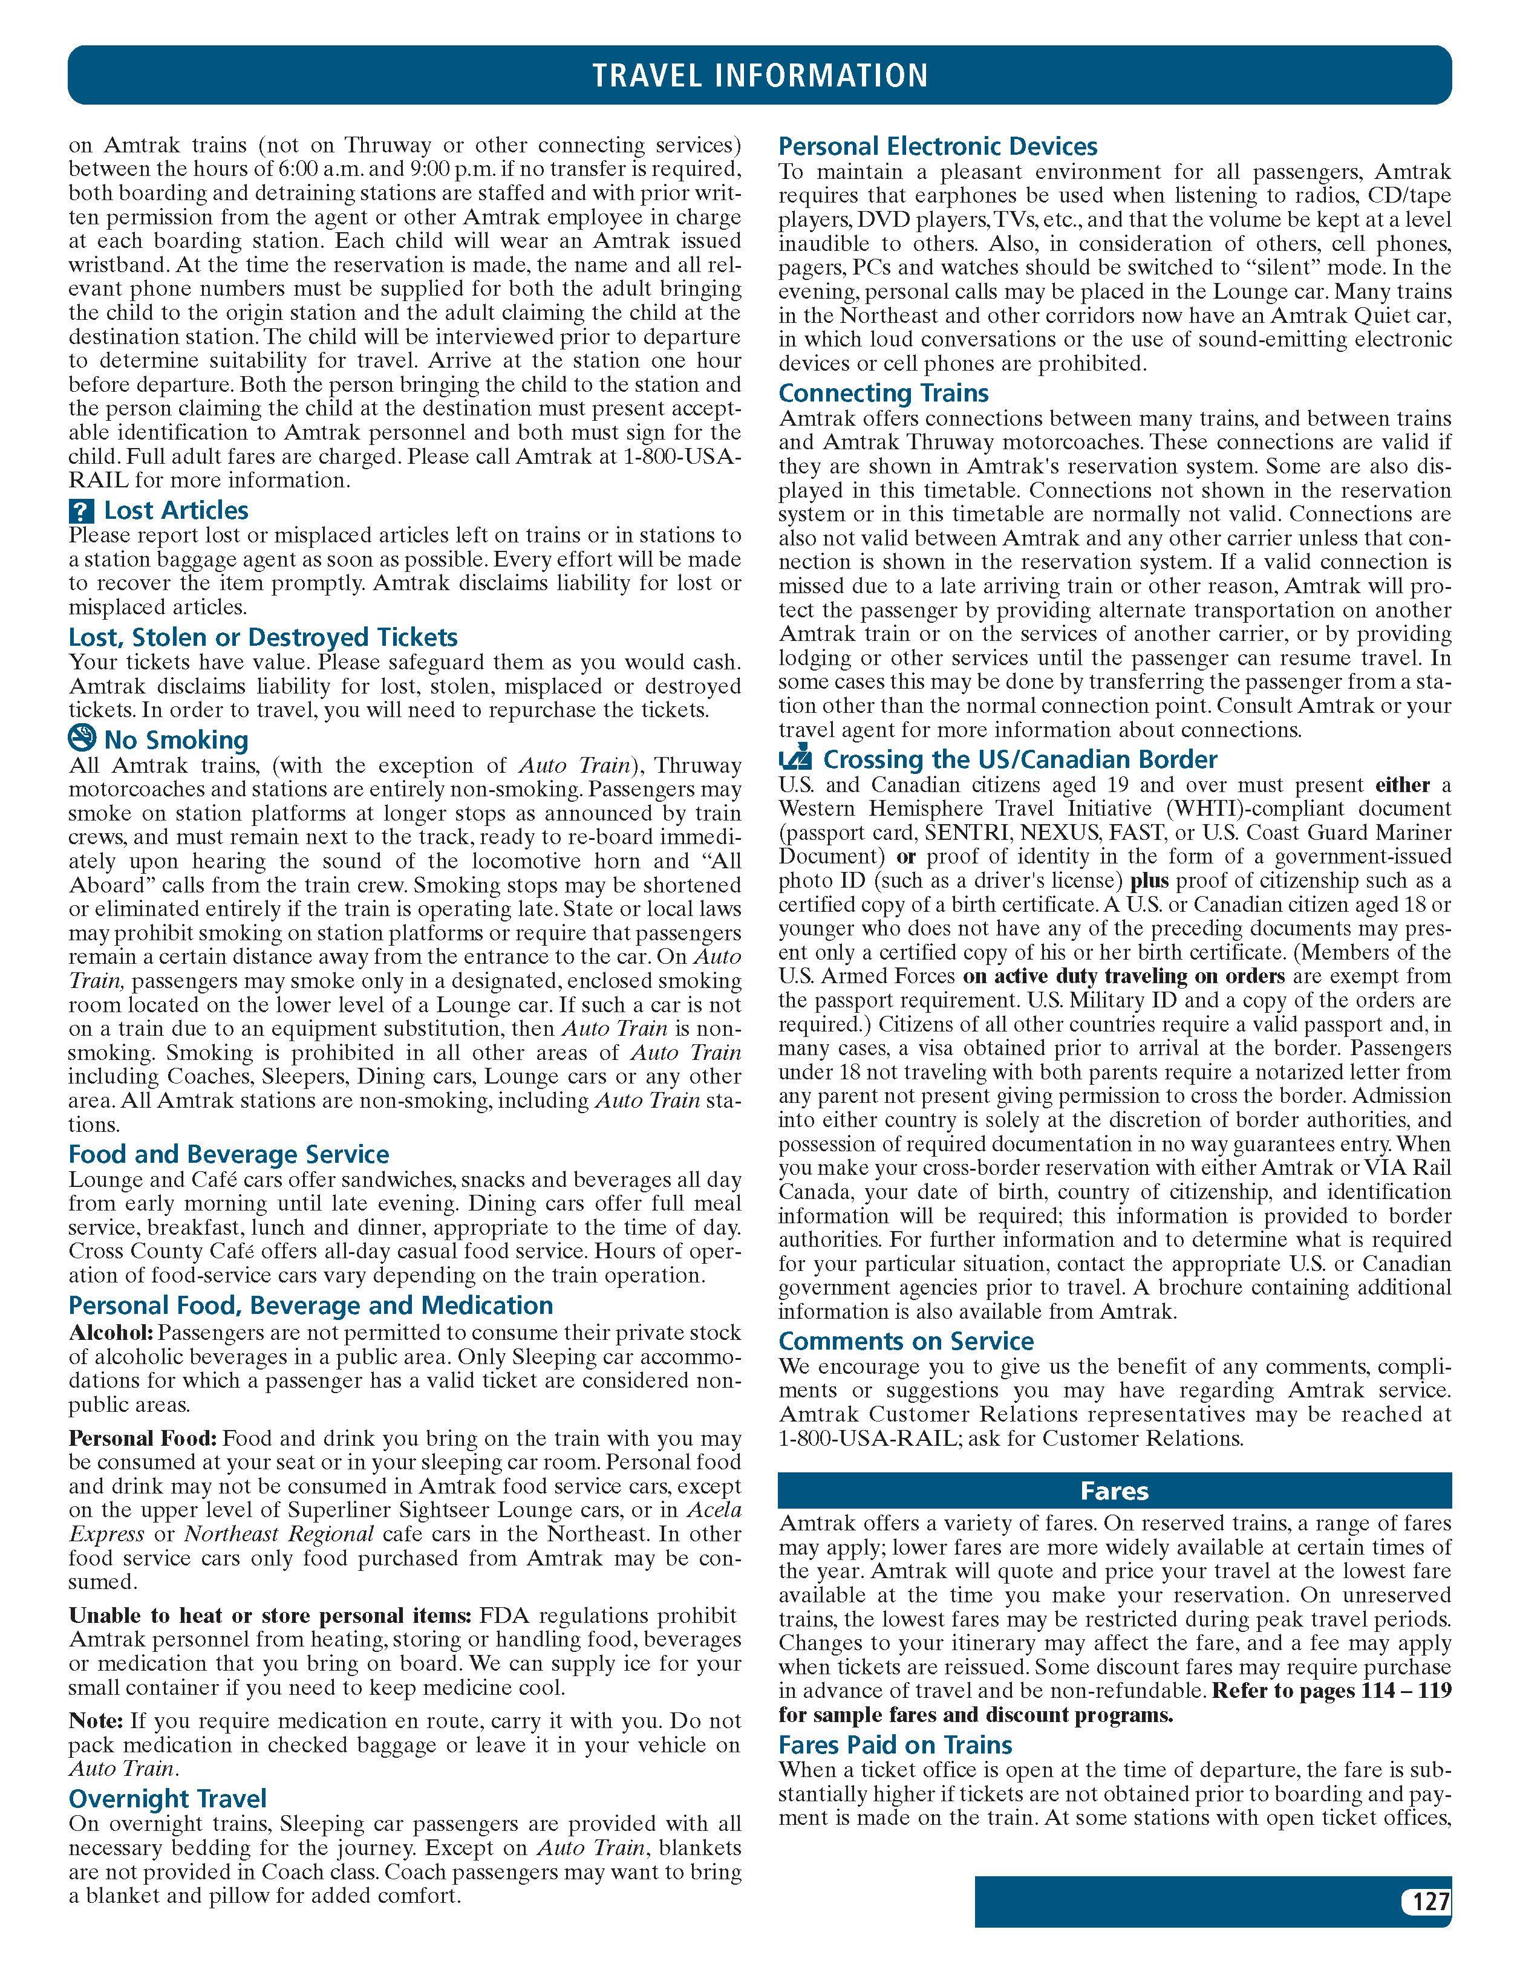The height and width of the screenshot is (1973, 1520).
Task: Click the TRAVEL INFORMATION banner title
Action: [x=759, y=75]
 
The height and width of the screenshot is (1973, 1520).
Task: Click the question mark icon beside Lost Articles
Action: [x=80, y=512]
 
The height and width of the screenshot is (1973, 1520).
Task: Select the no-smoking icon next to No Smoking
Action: [x=81, y=739]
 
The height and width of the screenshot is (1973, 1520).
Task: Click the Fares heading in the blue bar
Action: [x=1114, y=1490]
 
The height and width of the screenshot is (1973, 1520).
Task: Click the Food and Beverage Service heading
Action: [x=229, y=1154]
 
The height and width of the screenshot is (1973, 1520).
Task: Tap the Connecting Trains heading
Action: [x=883, y=393]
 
